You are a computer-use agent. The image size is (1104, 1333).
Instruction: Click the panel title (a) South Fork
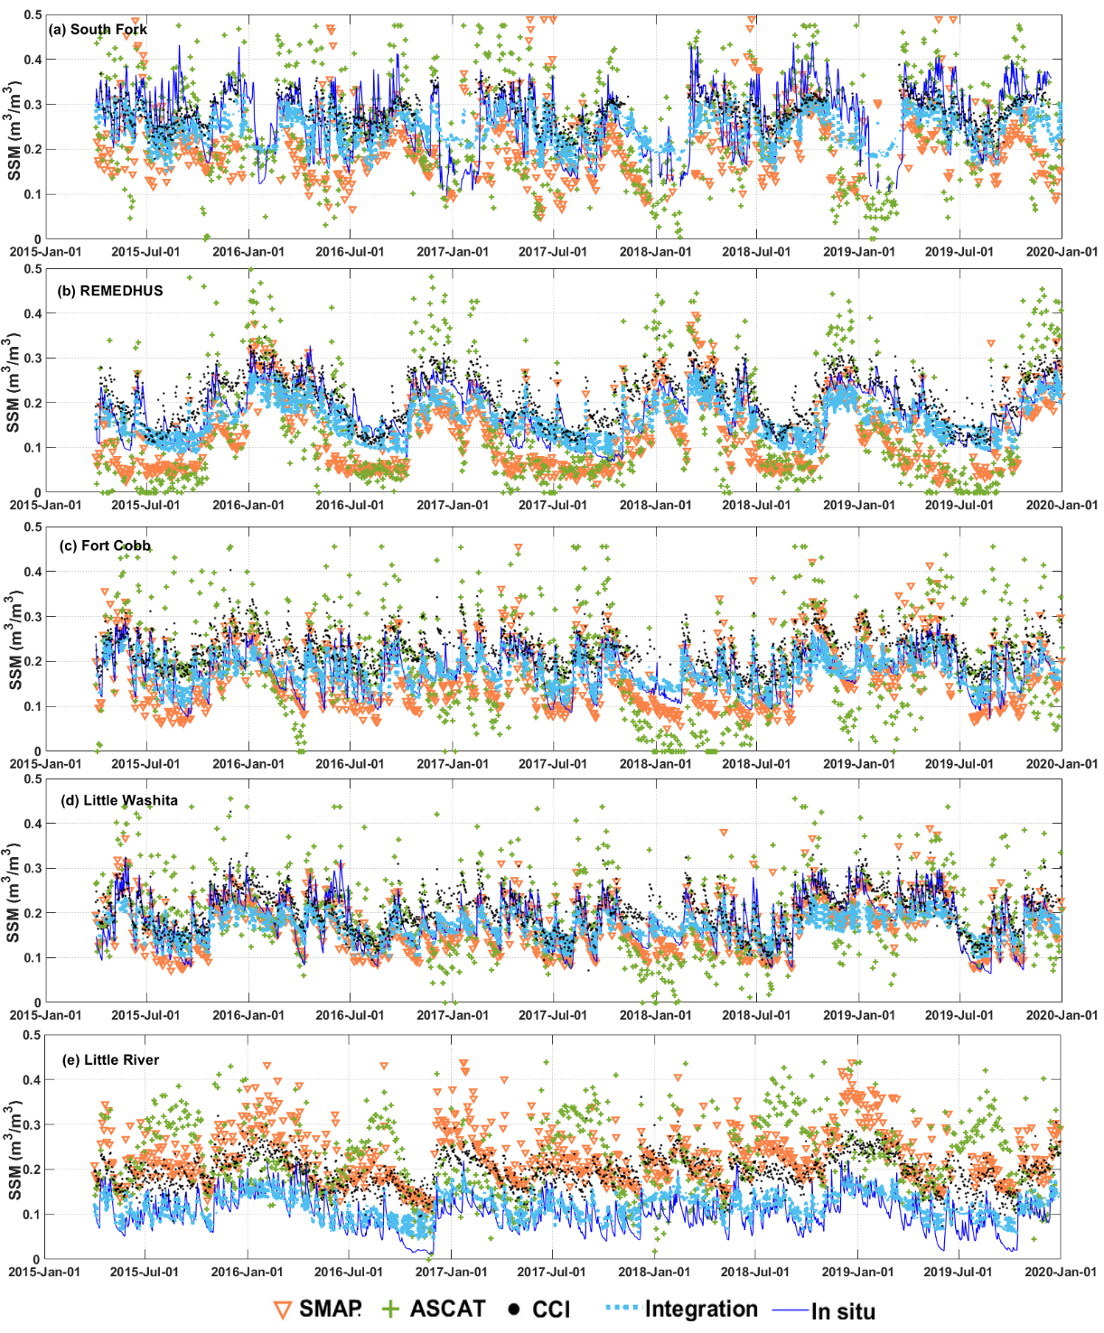tap(98, 30)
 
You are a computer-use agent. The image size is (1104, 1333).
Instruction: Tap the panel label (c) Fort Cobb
tap(105, 545)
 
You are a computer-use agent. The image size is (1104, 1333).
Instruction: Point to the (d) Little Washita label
tap(118, 800)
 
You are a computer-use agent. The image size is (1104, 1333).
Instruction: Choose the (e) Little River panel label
tap(110, 1060)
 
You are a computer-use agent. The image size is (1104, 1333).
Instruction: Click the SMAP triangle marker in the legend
tap(283, 1310)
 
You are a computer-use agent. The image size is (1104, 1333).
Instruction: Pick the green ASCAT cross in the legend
tap(390, 1309)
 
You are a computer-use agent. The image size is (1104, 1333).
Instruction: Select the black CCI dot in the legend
tap(514, 1309)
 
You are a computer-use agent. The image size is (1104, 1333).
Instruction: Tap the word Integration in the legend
tap(701, 1309)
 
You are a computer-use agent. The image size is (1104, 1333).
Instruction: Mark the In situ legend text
tap(843, 1311)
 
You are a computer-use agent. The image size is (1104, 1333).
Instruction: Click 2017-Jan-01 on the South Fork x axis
tap(452, 252)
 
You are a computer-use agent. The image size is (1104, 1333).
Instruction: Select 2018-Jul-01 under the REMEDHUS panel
tap(756, 505)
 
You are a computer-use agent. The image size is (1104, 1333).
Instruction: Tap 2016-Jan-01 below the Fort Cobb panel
tap(248, 764)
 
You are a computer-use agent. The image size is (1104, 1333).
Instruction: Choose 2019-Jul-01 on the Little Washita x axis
tap(959, 1015)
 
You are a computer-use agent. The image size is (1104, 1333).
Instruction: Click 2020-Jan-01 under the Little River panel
tap(1061, 1272)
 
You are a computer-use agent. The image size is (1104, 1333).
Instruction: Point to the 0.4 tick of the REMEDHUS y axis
tap(33, 313)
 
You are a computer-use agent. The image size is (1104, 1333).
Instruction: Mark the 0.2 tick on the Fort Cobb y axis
tap(33, 662)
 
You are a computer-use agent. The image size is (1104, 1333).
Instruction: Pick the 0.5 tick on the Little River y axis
tap(33, 1035)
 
